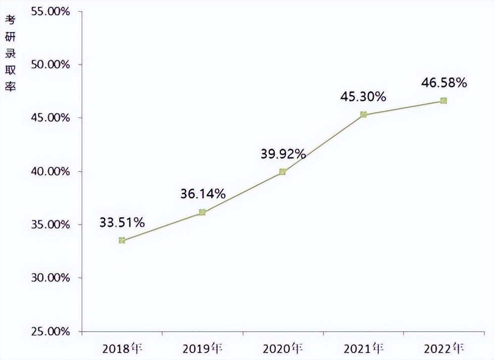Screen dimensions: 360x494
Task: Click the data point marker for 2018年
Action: [122, 240]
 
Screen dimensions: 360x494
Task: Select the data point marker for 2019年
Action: [202, 212]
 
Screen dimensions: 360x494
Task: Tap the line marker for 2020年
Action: [282, 172]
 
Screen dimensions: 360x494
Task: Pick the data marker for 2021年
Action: [363, 115]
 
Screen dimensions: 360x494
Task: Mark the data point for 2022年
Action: [443, 101]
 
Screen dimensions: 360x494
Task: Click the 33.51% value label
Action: [122, 222]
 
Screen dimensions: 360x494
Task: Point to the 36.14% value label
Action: [203, 194]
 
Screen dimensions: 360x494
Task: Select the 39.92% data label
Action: [283, 154]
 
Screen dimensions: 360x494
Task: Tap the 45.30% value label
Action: [363, 96]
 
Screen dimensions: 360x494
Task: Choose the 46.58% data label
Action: [444, 82]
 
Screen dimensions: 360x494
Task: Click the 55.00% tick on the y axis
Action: [50, 12]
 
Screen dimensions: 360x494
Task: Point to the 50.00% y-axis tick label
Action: [50, 65]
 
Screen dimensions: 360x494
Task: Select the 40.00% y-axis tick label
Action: [50, 172]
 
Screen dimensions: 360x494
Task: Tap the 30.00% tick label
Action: [50, 278]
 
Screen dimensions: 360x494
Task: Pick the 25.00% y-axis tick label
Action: [50, 332]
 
